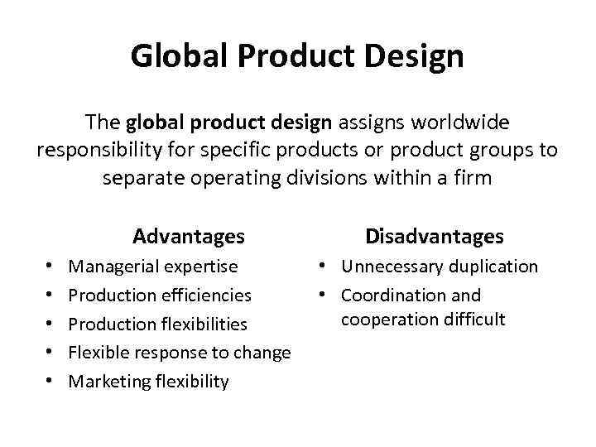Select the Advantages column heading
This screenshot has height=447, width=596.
(x=189, y=237)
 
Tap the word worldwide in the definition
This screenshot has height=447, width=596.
(x=459, y=123)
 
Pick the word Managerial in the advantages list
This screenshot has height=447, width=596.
(x=115, y=267)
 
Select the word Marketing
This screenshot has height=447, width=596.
(x=109, y=381)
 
